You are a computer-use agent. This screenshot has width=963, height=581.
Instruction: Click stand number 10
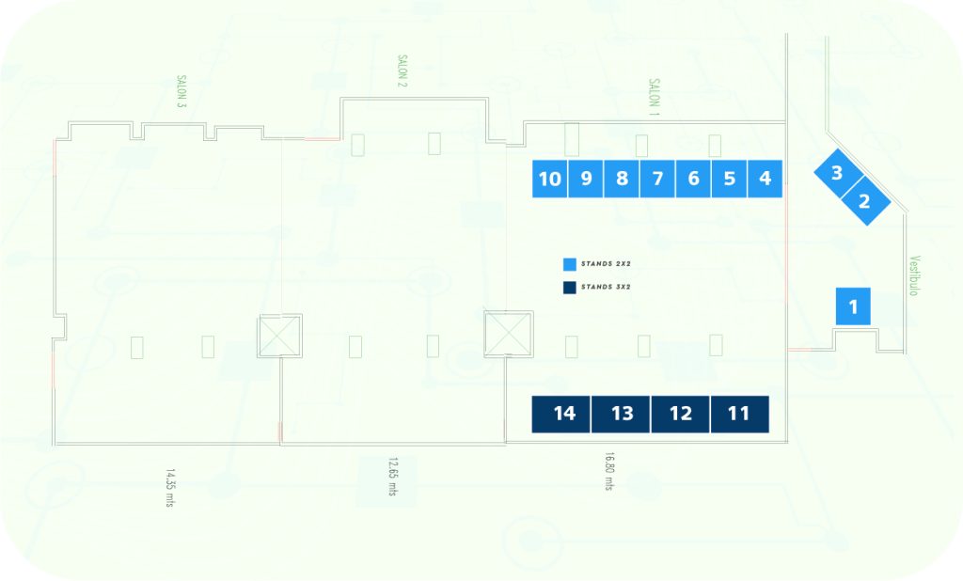tap(549, 179)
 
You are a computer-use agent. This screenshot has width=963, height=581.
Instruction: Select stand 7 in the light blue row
tap(657, 179)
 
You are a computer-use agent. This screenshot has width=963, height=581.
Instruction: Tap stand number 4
tap(765, 179)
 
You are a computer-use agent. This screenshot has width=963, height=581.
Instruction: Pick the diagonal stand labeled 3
tap(836, 173)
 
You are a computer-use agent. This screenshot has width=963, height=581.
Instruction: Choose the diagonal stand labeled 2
tap(864, 201)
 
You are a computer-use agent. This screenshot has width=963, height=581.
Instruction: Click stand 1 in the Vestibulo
tap(853, 306)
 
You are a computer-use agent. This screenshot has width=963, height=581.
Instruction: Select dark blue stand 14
tap(561, 414)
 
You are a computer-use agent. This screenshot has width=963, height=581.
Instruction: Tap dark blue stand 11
tap(739, 414)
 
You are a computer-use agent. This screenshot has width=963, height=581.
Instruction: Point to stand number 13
tap(621, 414)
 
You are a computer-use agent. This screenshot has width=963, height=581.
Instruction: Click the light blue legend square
tap(570, 265)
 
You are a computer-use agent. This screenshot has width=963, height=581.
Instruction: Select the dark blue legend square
tap(570, 288)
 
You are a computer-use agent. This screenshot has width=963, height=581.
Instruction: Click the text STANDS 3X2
tap(606, 287)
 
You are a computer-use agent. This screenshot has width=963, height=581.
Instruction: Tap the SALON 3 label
tap(182, 91)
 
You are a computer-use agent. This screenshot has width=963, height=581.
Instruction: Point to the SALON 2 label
tap(403, 71)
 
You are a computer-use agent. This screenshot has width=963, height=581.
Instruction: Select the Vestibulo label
tap(914, 275)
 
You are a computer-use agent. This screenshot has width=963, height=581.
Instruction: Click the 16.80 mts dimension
tap(609, 471)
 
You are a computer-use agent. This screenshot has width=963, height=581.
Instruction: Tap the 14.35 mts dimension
tap(170, 488)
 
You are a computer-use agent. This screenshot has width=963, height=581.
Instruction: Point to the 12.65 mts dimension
tap(392, 476)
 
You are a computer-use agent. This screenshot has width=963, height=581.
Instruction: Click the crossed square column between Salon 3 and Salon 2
tap(280, 336)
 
